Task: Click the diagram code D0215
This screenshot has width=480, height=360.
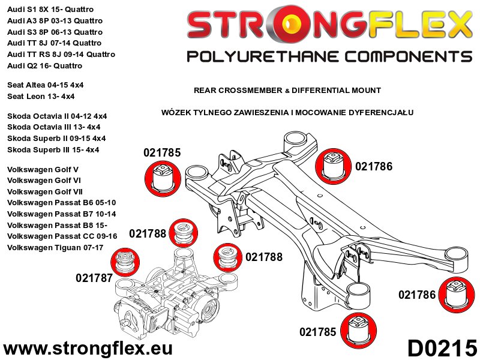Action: pos(442,347)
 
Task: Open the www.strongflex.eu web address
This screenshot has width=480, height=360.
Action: pos(88,348)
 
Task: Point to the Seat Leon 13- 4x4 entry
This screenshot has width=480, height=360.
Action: pos(41,96)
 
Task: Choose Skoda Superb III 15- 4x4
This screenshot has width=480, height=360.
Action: pos(53,149)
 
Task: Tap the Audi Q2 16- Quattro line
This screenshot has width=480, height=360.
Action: pos(45,65)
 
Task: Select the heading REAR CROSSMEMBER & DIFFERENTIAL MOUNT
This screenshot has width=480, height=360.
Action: pos(287,91)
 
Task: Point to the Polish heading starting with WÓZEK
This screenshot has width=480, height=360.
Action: pos(287,112)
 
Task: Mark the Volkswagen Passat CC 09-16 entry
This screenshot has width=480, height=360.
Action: pos(62,236)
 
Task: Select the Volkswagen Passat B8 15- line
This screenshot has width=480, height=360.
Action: pos(53,225)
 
